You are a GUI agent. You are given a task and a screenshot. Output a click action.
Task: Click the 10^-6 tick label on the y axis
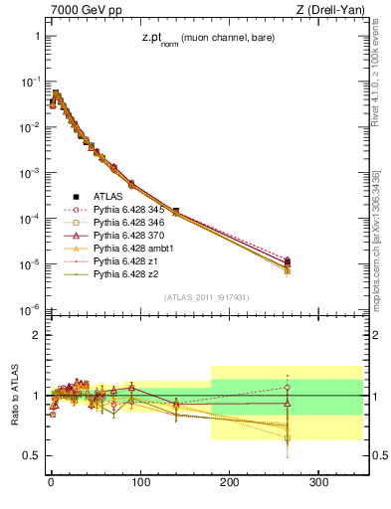(x=29, y=310)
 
